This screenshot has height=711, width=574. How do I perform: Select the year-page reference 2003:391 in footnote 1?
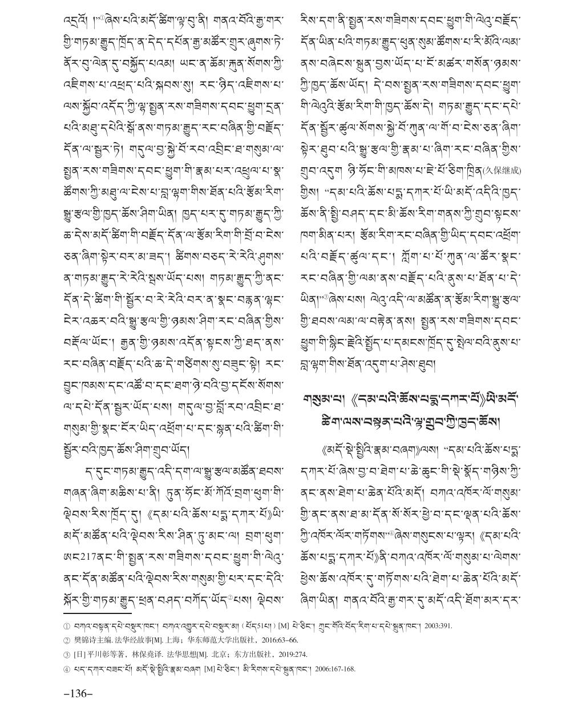click(x=436, y=626)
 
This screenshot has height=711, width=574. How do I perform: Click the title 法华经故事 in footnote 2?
click(x=127, y=640)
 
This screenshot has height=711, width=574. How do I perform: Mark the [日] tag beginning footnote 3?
click(x=78, y=654)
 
